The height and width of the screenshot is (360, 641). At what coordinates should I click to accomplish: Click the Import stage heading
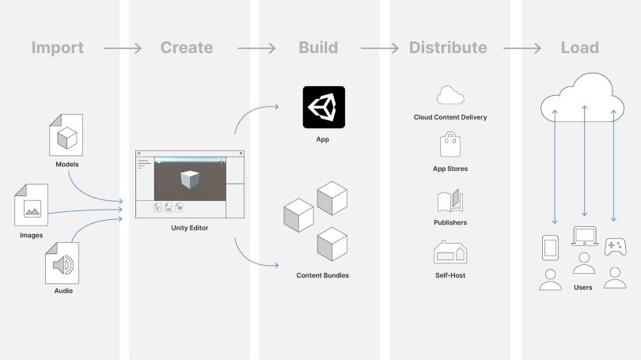click(57, 47)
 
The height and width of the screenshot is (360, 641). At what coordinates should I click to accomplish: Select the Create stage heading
click(186, 47)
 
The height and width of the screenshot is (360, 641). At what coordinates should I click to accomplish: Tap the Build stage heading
click(318, 47)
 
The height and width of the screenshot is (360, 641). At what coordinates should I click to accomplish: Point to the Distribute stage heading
click(448, 47)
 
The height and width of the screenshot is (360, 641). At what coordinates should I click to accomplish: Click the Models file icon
click(66, 135)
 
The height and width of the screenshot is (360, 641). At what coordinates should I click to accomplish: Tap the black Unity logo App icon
click(324, 107)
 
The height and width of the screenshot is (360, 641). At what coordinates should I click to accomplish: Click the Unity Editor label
click(191, 229)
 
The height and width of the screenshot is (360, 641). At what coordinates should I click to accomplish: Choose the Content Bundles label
click(322, 275)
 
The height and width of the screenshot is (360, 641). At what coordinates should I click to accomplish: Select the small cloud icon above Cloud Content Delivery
click(449, 96)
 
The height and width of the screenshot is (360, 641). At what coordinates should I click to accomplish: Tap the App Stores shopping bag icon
click(449, 146)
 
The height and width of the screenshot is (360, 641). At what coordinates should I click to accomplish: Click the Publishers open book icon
click(449, 201)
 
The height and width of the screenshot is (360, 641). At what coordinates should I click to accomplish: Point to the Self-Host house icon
click(449, 252)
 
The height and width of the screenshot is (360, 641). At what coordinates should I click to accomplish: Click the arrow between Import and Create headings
click(122, 48)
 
